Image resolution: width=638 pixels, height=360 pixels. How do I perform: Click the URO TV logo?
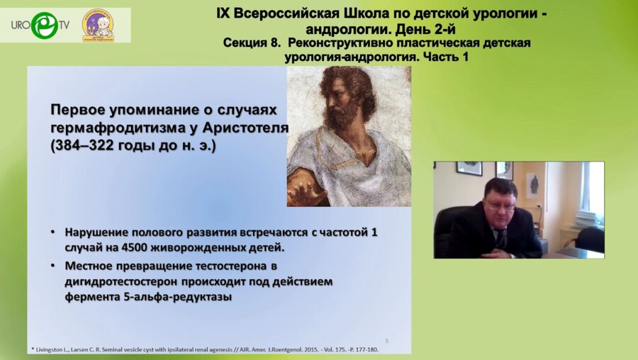coord(40,25)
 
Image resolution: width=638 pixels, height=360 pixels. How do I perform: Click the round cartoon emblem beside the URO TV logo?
coord(97,25)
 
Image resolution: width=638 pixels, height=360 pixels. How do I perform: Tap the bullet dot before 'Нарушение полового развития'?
coord(55,232)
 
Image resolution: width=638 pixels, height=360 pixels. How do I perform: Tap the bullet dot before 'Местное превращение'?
coord(55,266)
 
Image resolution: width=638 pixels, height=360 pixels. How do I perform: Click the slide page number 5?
coord(387,340)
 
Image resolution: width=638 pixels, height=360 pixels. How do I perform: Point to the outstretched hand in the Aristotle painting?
coord(307,189)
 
